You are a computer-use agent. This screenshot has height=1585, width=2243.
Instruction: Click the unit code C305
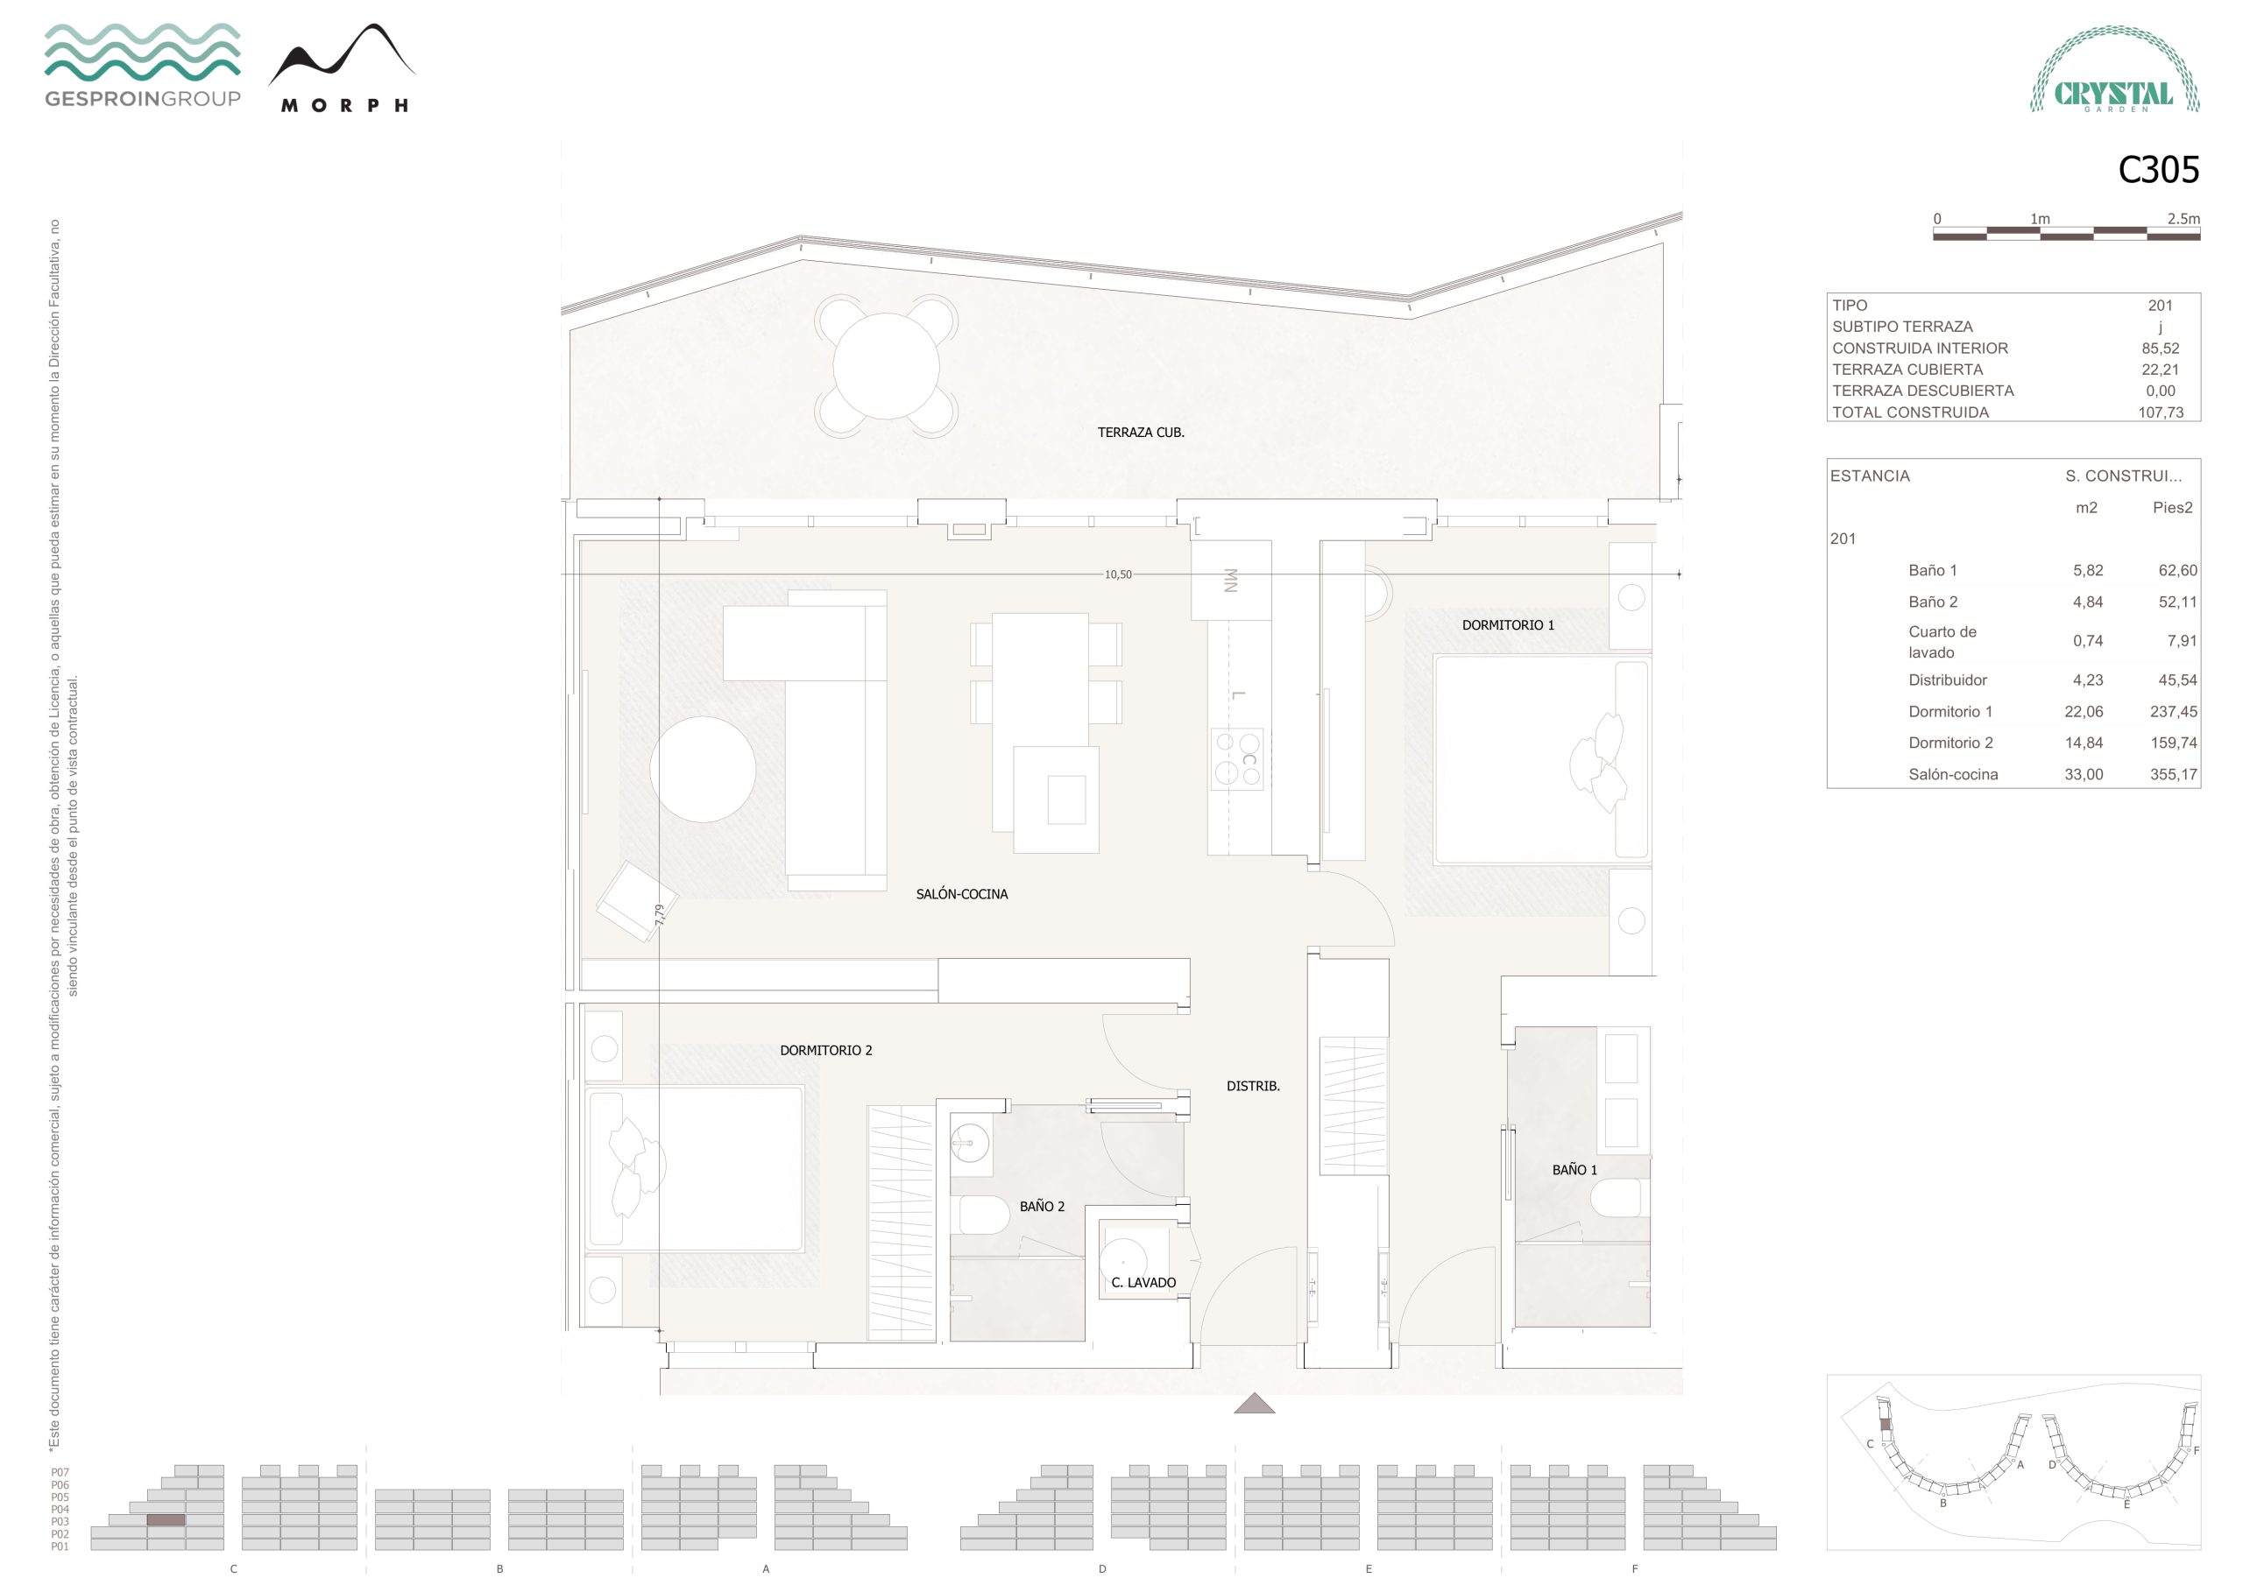point(2158,170)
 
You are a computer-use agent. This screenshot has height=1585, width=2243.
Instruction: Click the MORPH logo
point(343,68)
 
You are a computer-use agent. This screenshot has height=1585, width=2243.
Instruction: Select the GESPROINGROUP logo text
point(143,99)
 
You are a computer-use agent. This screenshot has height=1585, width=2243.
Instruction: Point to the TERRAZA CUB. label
point(1140,433)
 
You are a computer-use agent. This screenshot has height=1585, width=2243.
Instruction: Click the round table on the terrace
point(886,365)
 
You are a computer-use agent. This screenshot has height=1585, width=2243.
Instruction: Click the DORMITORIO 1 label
point(1507,625)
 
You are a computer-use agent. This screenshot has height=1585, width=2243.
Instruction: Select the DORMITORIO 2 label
point(825,1051)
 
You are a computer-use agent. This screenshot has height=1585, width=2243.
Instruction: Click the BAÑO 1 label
point(1574,1170)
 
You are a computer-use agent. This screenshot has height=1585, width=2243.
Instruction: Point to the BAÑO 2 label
point(1042,1207)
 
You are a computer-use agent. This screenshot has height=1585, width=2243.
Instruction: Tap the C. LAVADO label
point(1143,1283)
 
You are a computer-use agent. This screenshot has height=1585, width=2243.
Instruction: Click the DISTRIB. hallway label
point(1252,1086)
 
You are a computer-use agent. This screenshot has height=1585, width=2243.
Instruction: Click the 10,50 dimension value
point(1118,575)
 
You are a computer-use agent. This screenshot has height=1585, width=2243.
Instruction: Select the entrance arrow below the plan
point(1255,1404)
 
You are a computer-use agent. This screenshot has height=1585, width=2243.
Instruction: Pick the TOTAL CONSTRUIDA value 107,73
point(2160,412)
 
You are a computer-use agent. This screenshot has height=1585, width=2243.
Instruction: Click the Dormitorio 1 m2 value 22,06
point(2083,712)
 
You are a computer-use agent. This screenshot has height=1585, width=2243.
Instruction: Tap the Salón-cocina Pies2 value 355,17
point(2173,774)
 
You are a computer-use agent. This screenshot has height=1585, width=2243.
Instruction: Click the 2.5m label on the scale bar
point(2183,219)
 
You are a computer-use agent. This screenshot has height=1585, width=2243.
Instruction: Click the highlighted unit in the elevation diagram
point(166,1520)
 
